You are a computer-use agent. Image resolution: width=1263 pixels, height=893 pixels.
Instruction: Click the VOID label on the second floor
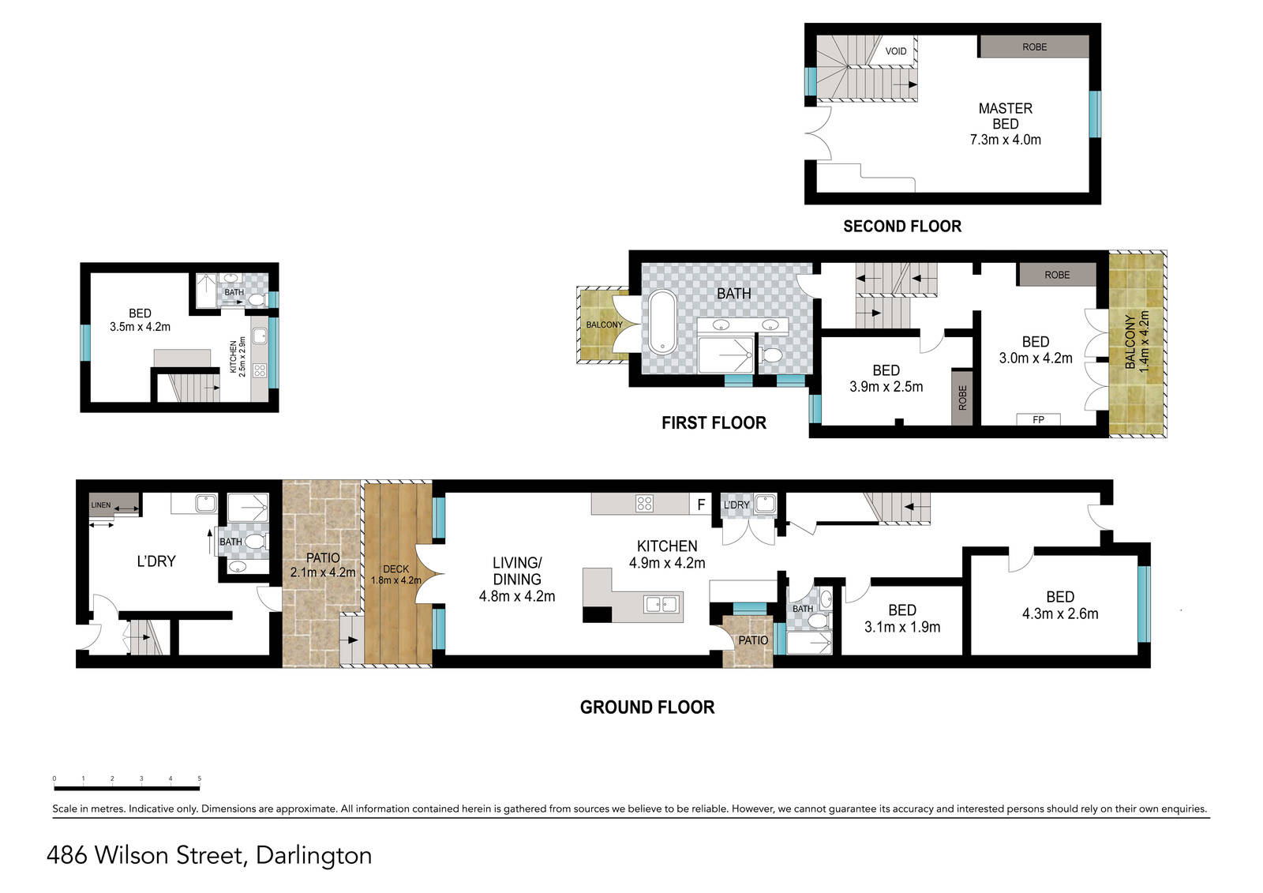895,51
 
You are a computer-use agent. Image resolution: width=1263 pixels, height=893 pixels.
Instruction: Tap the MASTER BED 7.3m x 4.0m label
1006,124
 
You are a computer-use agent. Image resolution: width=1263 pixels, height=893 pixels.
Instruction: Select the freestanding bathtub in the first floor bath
662,321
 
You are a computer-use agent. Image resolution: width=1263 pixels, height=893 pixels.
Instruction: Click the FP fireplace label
1038,419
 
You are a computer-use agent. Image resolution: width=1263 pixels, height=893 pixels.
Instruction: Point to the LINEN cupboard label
101,505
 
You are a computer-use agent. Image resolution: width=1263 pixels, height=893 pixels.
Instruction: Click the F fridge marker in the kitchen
701,505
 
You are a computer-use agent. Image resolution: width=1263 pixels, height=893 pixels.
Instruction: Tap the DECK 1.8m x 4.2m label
395,574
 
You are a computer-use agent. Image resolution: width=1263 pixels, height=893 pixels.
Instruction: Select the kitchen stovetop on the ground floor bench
644,503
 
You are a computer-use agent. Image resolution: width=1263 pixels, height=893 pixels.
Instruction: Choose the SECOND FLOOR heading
902,227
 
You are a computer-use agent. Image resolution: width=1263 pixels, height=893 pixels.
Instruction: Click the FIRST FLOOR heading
714,422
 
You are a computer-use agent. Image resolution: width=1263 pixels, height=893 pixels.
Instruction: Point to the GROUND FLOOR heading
647,707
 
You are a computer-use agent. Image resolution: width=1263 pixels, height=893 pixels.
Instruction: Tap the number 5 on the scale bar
199,779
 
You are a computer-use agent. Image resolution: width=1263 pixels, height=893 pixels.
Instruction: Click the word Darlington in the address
313,855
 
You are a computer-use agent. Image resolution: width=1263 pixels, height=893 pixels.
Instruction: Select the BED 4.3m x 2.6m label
1060,606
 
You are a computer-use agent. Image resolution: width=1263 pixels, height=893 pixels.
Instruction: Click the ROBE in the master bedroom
1034,47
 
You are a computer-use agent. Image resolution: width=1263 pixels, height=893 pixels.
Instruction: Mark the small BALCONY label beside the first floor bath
605,325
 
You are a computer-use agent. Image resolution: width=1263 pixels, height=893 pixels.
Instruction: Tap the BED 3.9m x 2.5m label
886,378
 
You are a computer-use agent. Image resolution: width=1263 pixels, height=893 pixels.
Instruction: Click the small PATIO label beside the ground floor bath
753,640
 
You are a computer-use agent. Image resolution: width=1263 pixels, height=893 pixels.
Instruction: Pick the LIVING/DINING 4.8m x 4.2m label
517,580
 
